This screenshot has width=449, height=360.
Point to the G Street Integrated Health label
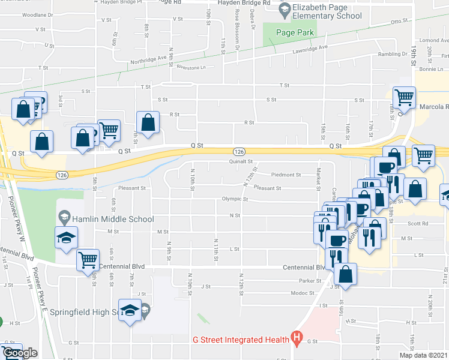pos(240,339)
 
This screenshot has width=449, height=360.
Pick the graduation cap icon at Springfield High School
pos(130,310)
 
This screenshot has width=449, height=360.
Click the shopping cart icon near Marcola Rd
pos(405,96)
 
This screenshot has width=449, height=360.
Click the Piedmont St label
pos(286,175)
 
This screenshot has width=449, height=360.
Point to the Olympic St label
pos(235,199)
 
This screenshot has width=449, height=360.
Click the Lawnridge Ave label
pos(312,47)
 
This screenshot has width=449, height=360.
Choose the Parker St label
pos(307,280)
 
